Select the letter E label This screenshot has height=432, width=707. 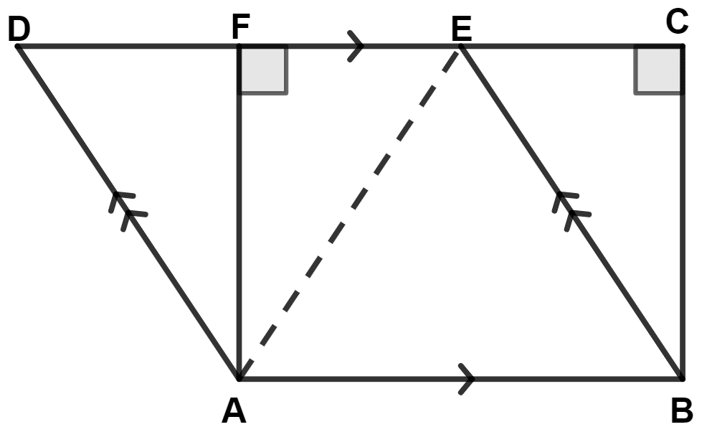click(461, 29)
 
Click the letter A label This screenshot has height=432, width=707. click(233, 411)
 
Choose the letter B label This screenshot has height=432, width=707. click(681, 411)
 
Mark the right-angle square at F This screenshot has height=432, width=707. click(262, 70)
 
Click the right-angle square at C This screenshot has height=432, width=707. click(658, 70)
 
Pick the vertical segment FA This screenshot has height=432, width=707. click(239, 237)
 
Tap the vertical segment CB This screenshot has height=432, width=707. click(682, 237)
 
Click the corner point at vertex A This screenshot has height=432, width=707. click(239, 377)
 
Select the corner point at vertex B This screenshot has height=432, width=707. click(682, 377)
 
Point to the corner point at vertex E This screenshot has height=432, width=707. click(460, 47)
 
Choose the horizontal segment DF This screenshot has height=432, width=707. click(129, 47)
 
